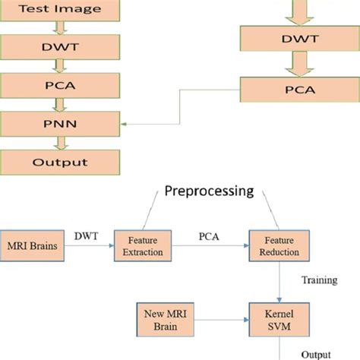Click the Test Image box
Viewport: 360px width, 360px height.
(x=59, y=11)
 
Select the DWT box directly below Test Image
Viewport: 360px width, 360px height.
(x=59, y=46)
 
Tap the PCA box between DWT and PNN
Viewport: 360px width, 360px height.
(x=59, y=84)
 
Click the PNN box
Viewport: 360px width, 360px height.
(x=59, y=122)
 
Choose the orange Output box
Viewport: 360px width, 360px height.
(x=59, y=161)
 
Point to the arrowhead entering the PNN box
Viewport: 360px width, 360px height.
(x=124, y=122)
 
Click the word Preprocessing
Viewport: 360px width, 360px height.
(x=209, y=191)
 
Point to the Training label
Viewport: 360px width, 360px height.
(x=319, y=279)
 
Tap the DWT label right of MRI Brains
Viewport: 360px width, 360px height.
(x=87, y=237)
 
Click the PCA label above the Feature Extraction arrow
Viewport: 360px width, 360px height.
(x=208, y=237)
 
